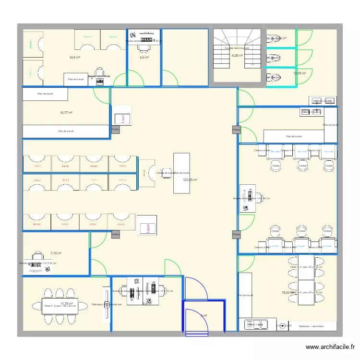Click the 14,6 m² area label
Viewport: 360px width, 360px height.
click(74, 58)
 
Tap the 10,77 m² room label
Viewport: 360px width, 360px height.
click(66, 113)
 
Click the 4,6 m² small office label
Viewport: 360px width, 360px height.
click(144, 58)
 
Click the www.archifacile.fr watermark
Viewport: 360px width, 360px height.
click(331, 347)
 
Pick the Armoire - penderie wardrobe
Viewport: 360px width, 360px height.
click(308, 325)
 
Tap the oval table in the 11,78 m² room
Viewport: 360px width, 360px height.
click(60, 306)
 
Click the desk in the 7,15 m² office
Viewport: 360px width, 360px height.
click(37, 263)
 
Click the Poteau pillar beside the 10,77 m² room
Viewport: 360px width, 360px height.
click(115, 130)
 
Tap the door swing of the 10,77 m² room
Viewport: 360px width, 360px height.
click(102, 96)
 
